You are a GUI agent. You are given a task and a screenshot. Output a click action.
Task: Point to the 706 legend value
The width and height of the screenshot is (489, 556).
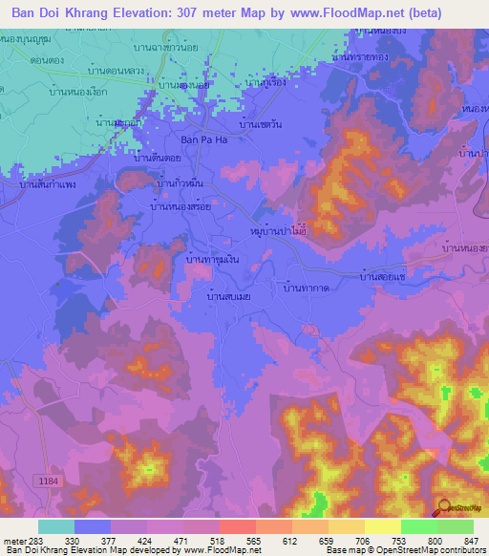[362, 541]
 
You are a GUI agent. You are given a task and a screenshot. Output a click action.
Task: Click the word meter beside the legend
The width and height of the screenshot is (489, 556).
[13, 541]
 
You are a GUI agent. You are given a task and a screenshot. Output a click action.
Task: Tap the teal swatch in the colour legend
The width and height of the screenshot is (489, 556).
[56, 526]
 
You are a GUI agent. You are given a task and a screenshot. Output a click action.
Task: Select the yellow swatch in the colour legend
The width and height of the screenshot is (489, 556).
[383, 526]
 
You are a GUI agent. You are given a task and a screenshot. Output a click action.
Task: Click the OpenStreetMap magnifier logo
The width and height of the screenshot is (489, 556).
[443, 508]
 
